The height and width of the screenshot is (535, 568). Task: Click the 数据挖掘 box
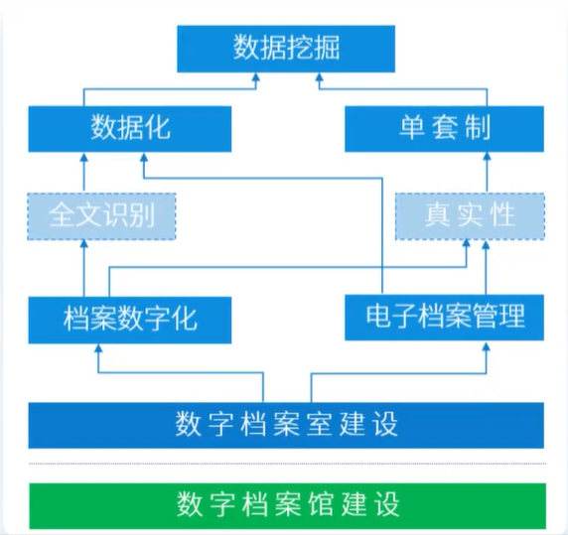(286, 49)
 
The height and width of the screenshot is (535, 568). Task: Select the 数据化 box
(130, 129)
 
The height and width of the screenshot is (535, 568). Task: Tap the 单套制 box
(444, 129)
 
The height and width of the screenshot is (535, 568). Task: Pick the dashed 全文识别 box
(101, 216)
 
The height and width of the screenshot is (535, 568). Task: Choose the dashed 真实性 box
(470, 216)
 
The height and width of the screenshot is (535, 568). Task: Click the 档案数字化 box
(130, 320)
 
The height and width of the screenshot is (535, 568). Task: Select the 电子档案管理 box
(444, 318)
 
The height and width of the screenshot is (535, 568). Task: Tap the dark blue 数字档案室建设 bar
(286, 426)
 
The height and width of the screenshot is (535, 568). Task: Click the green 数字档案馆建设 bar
(287, 505)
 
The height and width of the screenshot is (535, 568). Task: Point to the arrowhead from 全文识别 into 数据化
(84, 158)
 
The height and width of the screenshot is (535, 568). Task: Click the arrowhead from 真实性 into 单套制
(487, 157)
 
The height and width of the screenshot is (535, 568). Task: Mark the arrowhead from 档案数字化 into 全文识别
(84, 244)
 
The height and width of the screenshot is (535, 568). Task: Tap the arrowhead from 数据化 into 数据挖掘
(256, 77)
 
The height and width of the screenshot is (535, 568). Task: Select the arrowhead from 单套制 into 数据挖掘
(319, 77)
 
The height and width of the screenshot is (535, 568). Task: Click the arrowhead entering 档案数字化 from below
(98, 348)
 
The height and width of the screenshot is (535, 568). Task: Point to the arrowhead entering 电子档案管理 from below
(487, 346)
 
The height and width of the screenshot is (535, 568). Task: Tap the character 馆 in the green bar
(320, 504)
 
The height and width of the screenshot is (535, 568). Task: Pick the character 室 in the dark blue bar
(320, 424)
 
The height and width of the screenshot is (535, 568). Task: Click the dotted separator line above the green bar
(287, 464)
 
